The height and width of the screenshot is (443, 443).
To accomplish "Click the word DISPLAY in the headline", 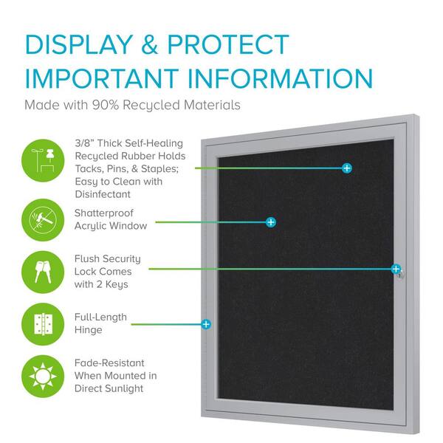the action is pyautogui.click(x=79, y=44).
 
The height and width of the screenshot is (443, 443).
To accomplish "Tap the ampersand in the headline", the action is pyautogui.click(x=149, y=44).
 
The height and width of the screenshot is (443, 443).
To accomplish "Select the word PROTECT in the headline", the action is pyautogui.click(x=228, y=44).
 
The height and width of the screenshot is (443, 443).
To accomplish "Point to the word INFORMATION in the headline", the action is pyautogui.click(x=281, y=78).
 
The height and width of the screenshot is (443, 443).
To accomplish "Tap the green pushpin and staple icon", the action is pyautogui.click(x=43, y=160).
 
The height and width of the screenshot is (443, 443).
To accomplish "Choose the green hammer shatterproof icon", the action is pyautogui.click(x=43, y=220).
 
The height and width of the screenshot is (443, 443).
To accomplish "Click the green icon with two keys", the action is pyautogui.click(x=43, y=272).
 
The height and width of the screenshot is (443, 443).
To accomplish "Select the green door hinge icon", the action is pyautogui.click(x=43, y=324).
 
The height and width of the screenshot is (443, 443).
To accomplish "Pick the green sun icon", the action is pyautogui.click(x=43, y=377).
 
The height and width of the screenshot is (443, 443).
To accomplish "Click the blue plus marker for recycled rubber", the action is pyautogui.click(x=347, y=168).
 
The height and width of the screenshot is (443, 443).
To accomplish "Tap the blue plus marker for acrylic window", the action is pyautogui.click(x=271, y=222).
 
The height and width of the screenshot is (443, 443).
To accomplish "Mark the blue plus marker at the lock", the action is pyautogui.click(x=396, y=269).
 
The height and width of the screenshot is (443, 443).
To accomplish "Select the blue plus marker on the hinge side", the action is pyautogui.click(x=206, y=324).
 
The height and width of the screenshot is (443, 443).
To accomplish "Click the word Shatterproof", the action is pyautogui.click(x=104, y=213).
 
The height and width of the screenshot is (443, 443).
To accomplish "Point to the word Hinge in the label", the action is pyautogui.click(x=89, y=330).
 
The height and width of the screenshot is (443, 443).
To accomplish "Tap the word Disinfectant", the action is pyautogui.click(x=103, y=194).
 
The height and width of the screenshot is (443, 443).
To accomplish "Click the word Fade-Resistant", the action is pyautogui.click(x=109, y=363).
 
